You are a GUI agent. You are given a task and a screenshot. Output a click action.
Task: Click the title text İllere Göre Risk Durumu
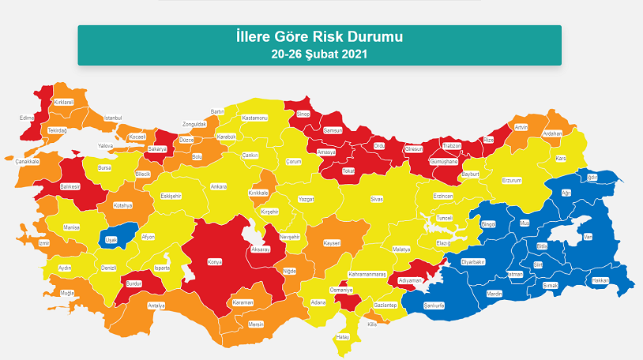coord(319,38)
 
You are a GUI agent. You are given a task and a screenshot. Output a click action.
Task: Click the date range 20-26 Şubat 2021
coord(319,54)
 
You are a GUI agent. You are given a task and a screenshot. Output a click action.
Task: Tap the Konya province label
coord(215,262)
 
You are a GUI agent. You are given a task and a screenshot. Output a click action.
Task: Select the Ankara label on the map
coord(218,187)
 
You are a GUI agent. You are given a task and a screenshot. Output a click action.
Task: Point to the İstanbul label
coord(114,118)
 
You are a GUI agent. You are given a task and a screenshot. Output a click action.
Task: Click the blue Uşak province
coord(114,238)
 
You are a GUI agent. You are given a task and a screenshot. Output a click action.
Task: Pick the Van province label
coord(587,236)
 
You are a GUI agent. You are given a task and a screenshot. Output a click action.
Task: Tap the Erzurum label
coord(513,180)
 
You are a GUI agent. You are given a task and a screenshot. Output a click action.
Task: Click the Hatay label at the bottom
coord(343,336)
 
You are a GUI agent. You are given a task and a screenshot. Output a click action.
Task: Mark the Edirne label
coord(27,118)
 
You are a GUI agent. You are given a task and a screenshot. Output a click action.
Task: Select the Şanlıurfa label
coord(435,305)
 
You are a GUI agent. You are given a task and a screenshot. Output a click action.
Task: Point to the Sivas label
coord(377,200)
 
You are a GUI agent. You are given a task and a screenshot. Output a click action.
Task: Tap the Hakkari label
coord(599,279)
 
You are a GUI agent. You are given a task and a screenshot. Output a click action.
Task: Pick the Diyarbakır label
coord(472,261)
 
